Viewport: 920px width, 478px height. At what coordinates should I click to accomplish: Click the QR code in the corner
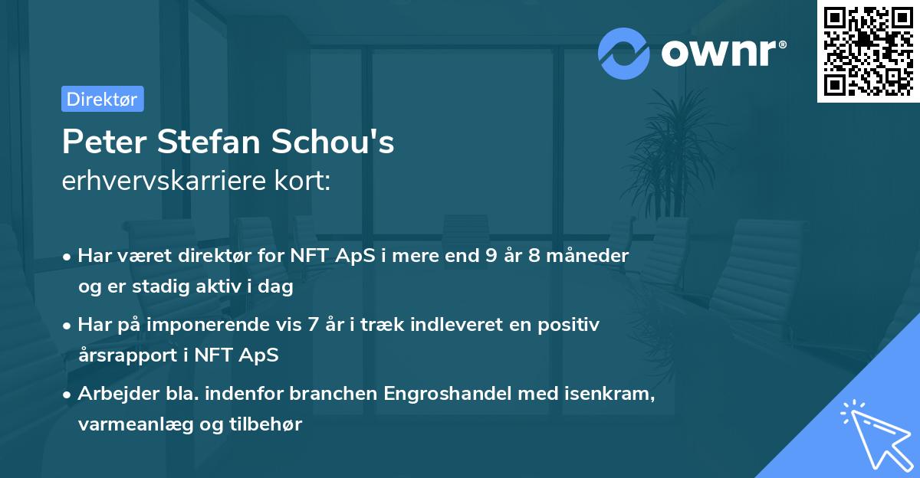868,51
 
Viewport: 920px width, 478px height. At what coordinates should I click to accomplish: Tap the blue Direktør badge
102,99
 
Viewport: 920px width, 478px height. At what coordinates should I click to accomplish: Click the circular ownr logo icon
624,53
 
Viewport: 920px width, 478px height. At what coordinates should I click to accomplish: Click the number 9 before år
491,256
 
